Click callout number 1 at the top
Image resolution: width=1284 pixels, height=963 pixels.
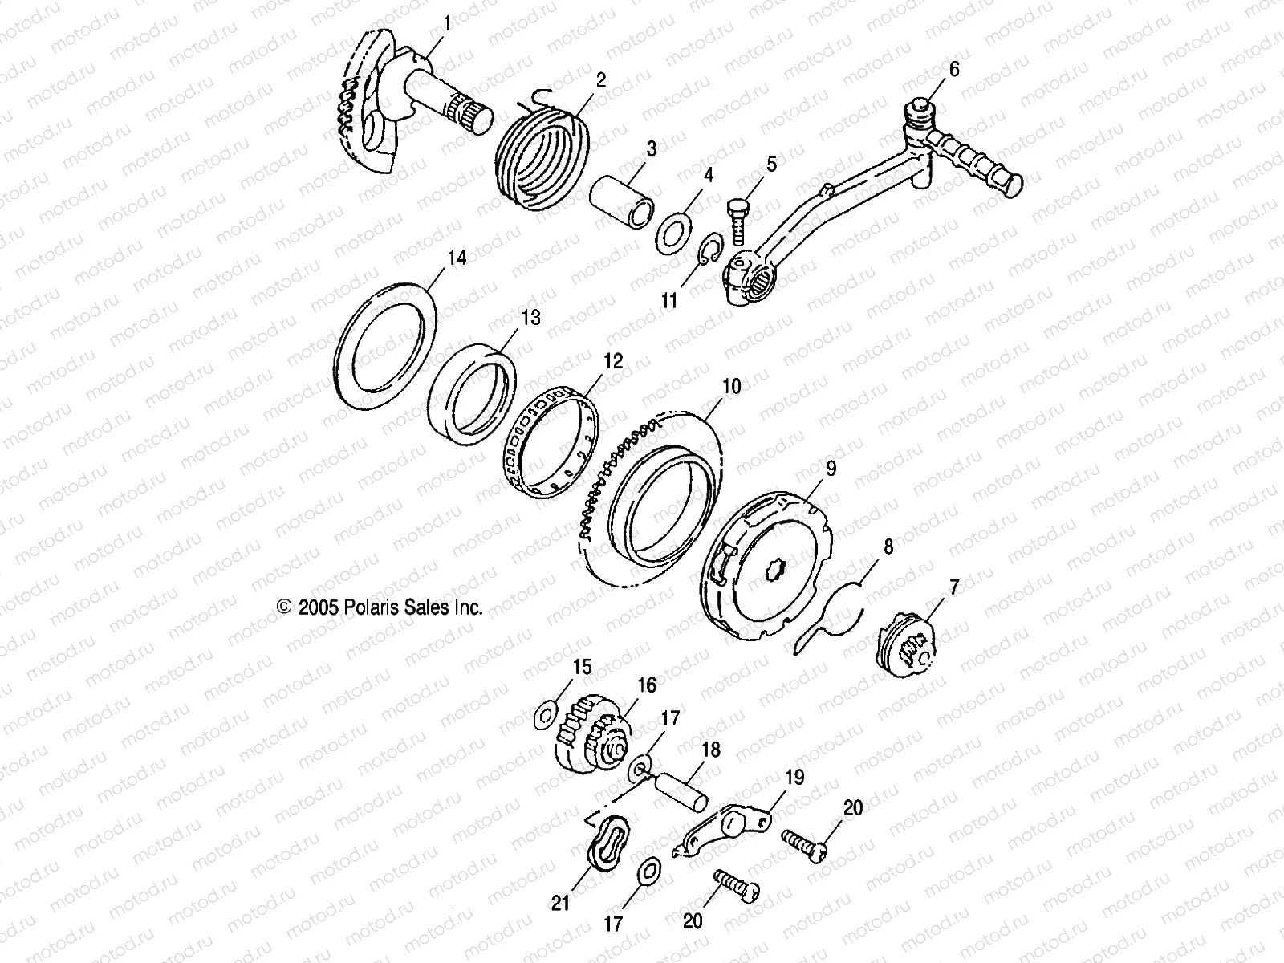(447, 23)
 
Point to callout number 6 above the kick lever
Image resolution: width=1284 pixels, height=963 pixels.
(953, 70)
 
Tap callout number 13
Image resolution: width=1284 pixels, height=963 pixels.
(531, 319)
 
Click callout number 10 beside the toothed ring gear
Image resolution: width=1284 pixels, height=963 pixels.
(731, 386)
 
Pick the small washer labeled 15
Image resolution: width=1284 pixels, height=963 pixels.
(547, 713)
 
